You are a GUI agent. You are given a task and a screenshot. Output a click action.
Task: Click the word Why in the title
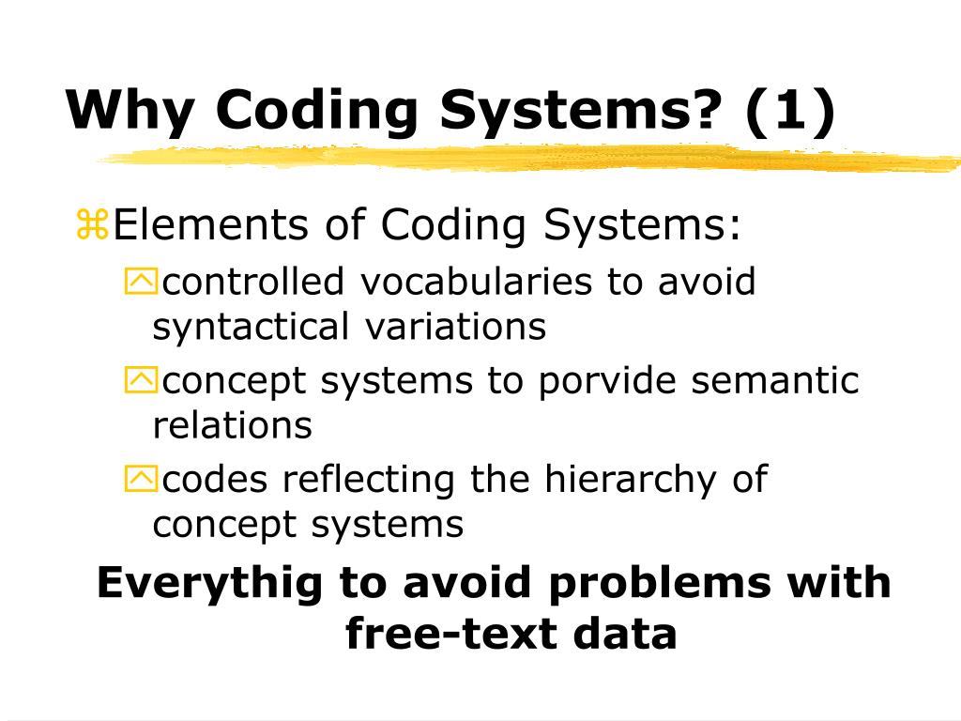[x=129, y=111]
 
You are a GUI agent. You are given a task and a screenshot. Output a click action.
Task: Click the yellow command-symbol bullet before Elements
[x=93, y=226]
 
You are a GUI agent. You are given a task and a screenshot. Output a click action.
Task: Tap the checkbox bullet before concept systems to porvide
[x=142, y=380]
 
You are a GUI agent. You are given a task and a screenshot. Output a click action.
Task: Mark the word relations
[x=232, y=425]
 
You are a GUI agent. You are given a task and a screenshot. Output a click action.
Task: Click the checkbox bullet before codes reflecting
[x=142, y=480]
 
